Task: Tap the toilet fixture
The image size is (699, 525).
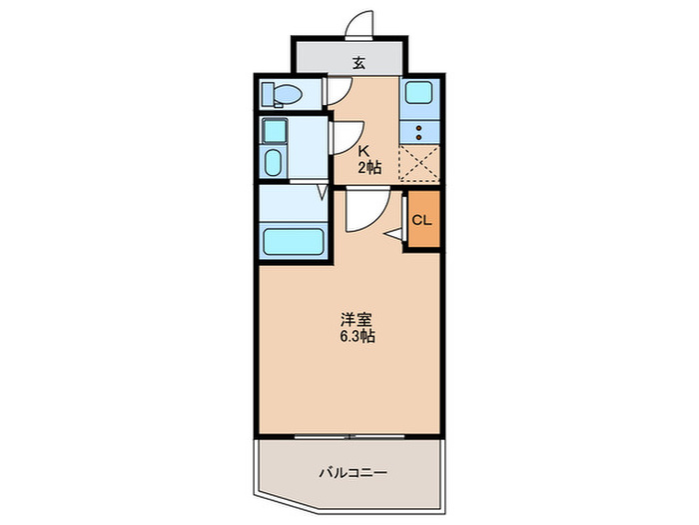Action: (282, 95)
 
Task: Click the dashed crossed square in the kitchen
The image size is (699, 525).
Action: (418, 162)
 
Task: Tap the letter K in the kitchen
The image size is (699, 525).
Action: (365, 151)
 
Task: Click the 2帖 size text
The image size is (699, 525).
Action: (370, 167)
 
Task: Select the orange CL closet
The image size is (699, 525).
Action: (421, 220)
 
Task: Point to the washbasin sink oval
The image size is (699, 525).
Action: (274, 163)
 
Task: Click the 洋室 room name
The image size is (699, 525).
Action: (356, 320)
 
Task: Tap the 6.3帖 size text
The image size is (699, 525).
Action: (356, 337)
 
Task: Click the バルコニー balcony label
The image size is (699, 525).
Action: (352, 471)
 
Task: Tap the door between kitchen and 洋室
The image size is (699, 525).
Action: (361, 211)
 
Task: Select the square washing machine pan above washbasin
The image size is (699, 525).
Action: (273, 131)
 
